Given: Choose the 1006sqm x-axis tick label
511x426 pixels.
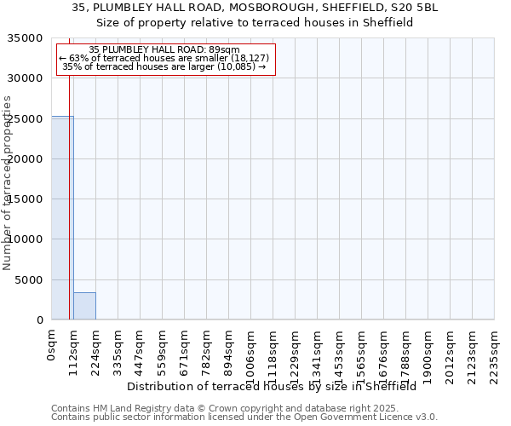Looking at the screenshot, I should click(x=251, y=352).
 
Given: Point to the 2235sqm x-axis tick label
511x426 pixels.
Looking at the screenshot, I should click(x=495, y=352).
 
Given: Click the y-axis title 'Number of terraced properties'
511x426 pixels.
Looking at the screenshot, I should click(x=8, y=182).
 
